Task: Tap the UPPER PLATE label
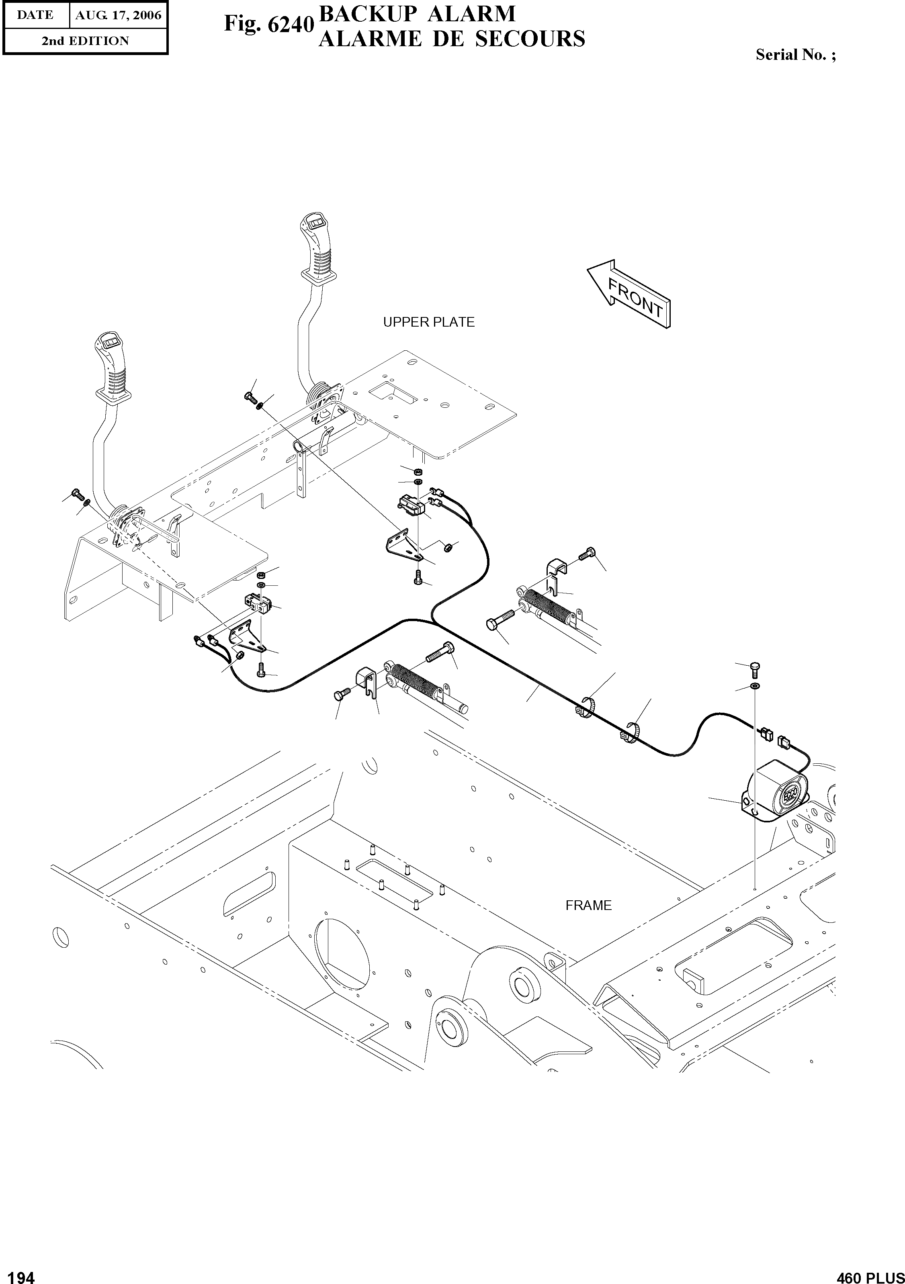pos(428,322)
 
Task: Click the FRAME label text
pos(588,905)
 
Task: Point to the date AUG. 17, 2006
pos(118,15)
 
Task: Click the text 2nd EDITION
pos(85,41)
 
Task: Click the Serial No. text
pos(795,55)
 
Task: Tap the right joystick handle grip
pos(319,246)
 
